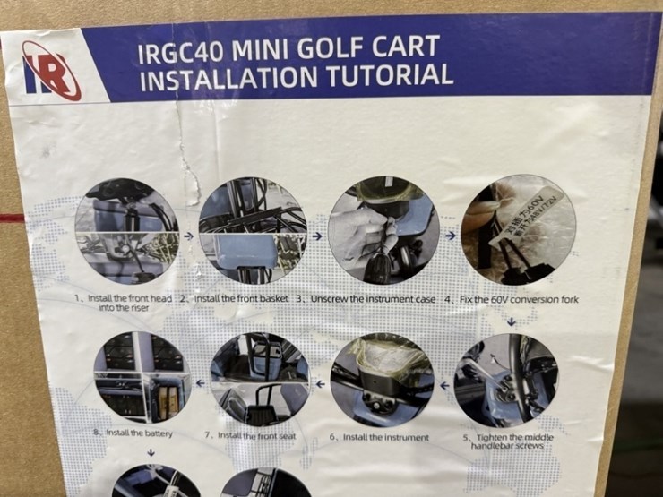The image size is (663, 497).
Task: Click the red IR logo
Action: [x=51, y=71]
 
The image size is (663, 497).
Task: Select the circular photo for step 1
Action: [x=126, y=231]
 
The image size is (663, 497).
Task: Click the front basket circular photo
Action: [x=252, y=230]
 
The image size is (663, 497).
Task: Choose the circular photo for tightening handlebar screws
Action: [x=505, y=381]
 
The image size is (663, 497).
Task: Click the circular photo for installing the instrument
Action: [x=382, y=380]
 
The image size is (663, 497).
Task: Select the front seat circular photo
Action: [x=260, y=379]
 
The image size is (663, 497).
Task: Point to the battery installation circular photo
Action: [x=142, y=378]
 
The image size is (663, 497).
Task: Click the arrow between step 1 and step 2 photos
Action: [x=187, y=236]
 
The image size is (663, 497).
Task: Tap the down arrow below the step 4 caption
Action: [x=511, y=320]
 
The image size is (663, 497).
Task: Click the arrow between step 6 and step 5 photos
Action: [x=443, y=385]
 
